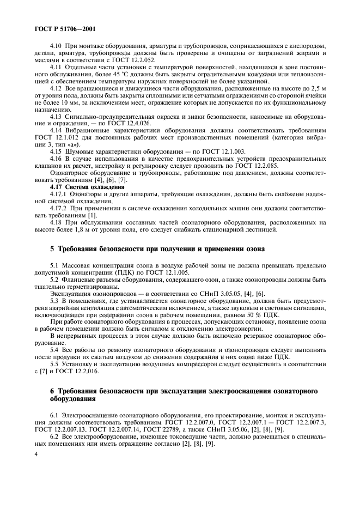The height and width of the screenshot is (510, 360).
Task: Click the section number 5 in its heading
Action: click(x=52, y=249)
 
